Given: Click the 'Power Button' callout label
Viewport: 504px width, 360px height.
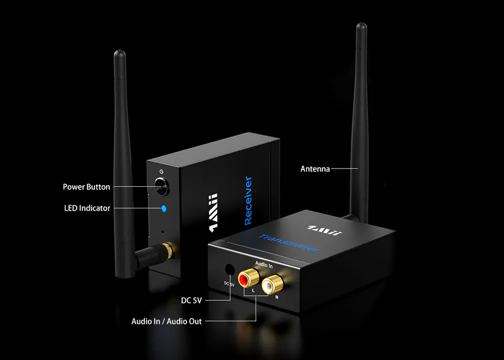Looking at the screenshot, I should (87, 187).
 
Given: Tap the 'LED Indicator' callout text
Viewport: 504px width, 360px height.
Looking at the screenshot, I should (87, 208).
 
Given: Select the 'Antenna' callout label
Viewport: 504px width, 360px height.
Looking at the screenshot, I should (315, 169).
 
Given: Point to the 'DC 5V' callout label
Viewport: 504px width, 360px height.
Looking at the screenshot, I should (191, 301).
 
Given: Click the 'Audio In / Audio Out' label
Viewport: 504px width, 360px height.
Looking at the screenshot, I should (166, 321).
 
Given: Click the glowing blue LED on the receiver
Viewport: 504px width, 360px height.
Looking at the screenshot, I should (164, 208).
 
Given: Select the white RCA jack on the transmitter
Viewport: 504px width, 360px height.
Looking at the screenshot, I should (270, 285).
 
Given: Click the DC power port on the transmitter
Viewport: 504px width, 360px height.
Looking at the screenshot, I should (229, 270).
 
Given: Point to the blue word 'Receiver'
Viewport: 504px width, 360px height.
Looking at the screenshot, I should (249, 201).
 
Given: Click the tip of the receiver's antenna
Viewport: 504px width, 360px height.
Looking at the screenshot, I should (120, 54).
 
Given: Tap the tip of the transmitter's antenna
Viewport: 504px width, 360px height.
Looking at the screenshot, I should (361, 26).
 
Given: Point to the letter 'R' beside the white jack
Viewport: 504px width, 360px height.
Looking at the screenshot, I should (277, 297).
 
